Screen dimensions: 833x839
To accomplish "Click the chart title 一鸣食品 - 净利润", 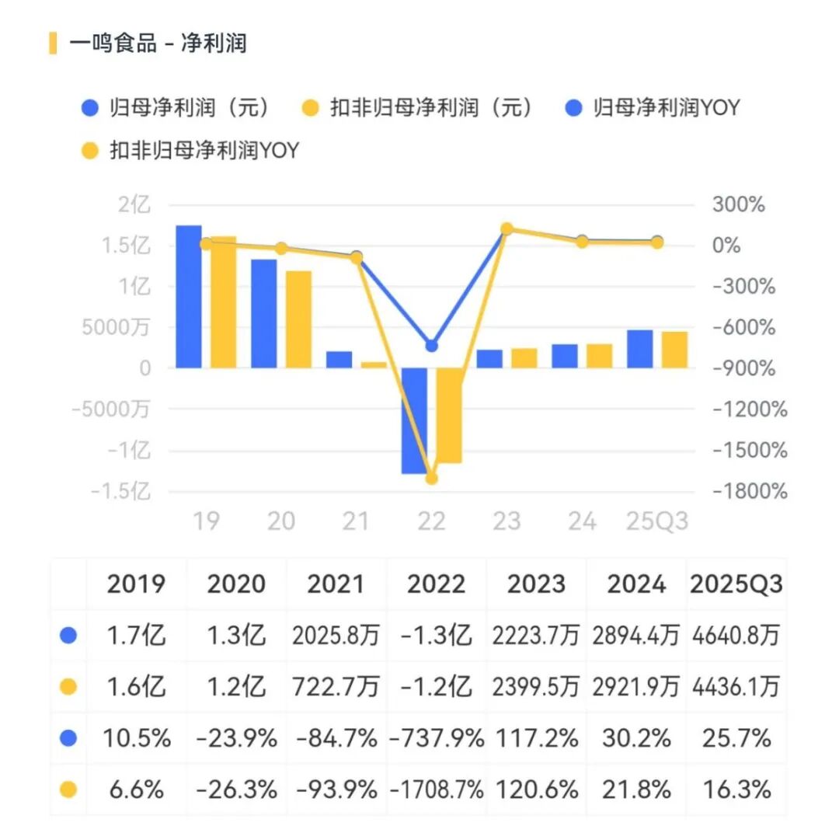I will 158,43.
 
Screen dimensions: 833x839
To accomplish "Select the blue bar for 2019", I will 189,296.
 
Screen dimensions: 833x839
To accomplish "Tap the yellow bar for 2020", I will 298,319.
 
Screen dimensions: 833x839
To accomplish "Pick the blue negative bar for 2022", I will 414,420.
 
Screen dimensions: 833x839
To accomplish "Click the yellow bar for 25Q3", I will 674,350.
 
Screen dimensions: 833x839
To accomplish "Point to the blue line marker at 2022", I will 432,346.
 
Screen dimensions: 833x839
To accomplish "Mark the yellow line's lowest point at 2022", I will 432,478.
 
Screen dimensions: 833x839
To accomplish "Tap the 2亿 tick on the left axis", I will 134,205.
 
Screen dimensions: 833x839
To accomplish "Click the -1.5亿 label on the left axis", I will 120,491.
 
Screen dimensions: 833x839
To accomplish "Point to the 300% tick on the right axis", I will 738,205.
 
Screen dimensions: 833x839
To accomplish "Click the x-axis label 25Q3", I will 658,521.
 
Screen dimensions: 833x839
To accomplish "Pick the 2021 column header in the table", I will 336,584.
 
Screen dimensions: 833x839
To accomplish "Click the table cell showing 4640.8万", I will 735,636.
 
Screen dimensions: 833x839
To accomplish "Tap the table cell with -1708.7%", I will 436,789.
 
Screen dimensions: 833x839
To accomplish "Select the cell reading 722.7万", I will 336,687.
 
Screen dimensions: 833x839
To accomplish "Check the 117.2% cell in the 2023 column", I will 536,738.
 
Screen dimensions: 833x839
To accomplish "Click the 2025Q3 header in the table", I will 735,584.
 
